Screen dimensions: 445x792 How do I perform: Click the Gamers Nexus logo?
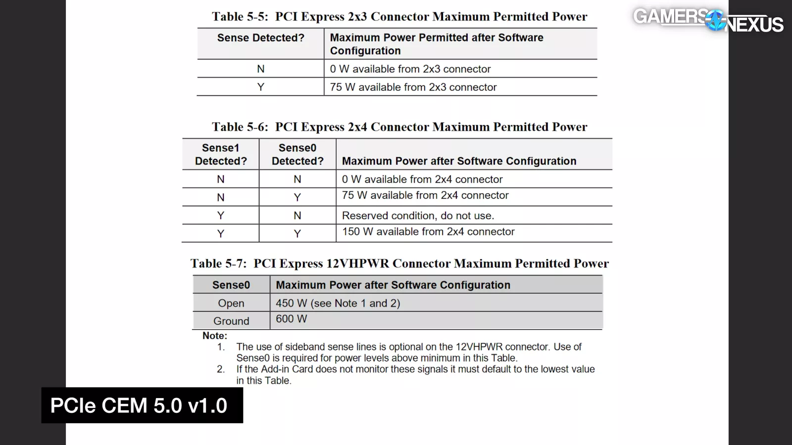708,20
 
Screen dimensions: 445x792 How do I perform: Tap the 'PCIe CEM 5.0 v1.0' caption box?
142,405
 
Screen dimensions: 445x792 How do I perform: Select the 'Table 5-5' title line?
399,16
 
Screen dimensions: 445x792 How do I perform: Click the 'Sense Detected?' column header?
260,38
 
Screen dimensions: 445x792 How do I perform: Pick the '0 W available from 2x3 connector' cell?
410,69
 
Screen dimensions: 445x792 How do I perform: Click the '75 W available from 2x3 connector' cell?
413,87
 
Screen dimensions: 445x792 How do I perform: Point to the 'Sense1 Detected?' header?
221,154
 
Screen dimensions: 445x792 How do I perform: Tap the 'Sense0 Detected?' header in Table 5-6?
297,154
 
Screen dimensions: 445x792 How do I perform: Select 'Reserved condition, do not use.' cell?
418,216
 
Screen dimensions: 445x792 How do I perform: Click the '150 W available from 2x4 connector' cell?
428,231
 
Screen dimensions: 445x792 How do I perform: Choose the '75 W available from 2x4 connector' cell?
425,195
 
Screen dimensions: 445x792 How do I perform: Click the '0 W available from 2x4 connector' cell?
422,179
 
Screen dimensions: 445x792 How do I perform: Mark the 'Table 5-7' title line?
399,264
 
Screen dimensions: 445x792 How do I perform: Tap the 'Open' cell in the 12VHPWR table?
231,303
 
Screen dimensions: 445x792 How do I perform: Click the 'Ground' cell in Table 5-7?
231,321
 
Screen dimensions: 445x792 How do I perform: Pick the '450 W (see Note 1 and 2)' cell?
338,303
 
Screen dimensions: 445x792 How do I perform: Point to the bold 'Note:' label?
215,336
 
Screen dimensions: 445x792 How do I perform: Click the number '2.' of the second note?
221,369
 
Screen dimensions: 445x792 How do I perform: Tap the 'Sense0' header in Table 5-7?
231,285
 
